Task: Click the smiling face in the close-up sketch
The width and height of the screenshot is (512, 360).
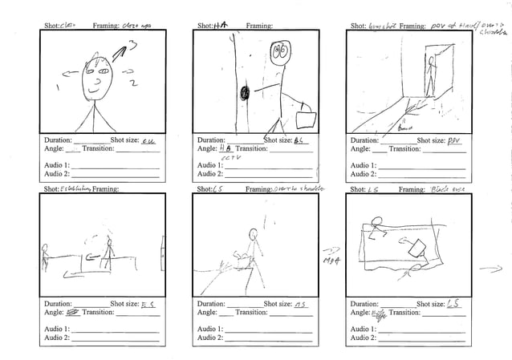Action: point(99,80)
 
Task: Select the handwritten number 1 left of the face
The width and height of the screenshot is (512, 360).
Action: point(57,87)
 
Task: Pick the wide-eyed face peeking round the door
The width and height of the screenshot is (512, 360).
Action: point(279,54)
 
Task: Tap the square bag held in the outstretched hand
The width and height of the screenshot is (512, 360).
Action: point(306,119)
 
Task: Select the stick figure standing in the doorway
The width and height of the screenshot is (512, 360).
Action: point(430,80)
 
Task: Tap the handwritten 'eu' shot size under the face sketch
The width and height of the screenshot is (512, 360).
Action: point(148,140)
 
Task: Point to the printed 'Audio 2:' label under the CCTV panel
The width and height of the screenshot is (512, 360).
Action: point(209,174)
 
